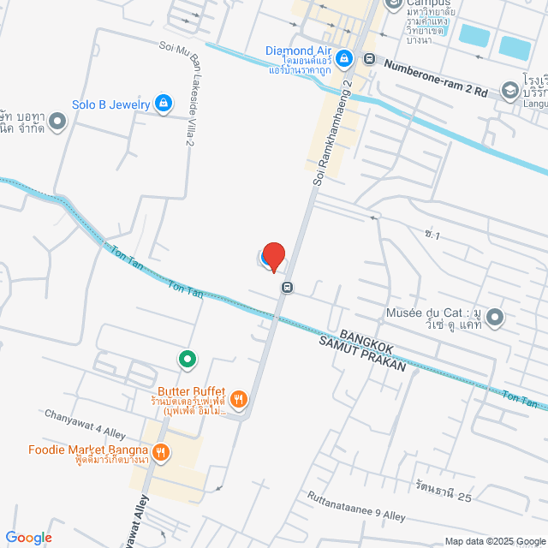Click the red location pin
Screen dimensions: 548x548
[x=273, y=256]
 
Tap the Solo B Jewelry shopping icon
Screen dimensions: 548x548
[x=164, y=104]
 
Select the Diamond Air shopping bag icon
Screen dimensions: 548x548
[x=343, y=58]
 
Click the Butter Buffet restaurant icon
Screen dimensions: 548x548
[x=239, y=398]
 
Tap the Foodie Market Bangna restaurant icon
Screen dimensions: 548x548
[x=160, y=451]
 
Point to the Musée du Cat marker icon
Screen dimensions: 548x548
[x=496, y=319]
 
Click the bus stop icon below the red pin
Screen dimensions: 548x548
[x=287, y=287]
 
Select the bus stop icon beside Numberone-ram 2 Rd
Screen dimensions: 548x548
[x=369, y=59]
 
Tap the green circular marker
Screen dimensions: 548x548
[x=185, y=358]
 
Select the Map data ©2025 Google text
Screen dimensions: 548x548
[x=493, y=541]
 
